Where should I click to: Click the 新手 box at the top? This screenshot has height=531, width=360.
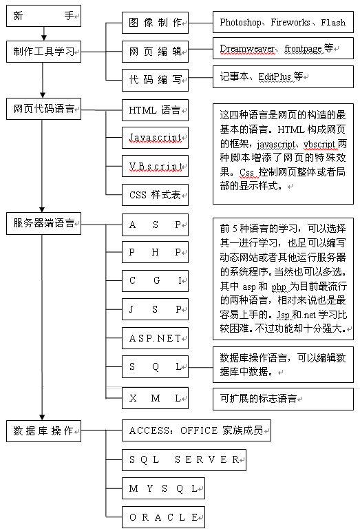[x=43, y=16]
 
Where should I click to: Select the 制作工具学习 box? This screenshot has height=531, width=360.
[x=43, y=52]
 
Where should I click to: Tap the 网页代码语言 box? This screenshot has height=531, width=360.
[x=43, y=109]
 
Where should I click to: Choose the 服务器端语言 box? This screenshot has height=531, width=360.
[x=43, y=223]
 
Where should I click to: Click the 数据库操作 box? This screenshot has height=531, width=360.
[x=43, y=430]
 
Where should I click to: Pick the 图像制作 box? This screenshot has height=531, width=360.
[x=155, y=23]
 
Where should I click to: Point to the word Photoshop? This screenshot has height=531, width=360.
[x=240, y=23]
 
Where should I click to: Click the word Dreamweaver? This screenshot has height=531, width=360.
[x=247, y=49]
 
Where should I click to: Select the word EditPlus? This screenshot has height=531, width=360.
[x=275, y=77]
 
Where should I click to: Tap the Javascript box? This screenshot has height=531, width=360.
[x=155, y=138]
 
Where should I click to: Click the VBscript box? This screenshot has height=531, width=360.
[x=155, y=166]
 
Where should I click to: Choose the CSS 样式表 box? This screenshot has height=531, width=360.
[x=155, y=195]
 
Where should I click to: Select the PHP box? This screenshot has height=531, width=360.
[x=155, y=252]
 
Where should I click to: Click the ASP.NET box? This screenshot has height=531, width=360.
[x=155, y=338]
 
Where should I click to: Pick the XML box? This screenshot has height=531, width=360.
[x=155, y=398]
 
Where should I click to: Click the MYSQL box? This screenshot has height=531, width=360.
[x=163, y=488]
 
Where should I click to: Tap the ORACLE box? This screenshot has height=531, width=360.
[x=163, y=517]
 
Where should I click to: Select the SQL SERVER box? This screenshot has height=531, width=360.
[x=184, y=460]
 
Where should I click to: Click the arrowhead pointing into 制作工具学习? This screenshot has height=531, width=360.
[x=43, y=38]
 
